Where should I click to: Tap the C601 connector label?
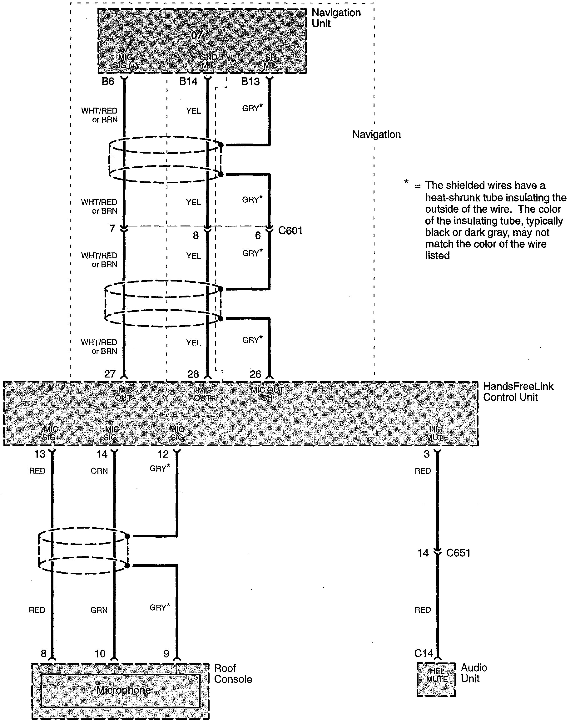click(x=290, y=231)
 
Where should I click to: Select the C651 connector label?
click(x=458, y=553)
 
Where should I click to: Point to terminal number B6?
click(x=108, y=82)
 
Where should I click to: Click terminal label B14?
click(x=188, y=82)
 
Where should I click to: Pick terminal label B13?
click(x=250, y=82)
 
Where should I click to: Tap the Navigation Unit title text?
click(x=336, y=18)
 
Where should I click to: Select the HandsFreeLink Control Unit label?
click(x=518, y=392)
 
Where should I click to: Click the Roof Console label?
click(x=233, y=674)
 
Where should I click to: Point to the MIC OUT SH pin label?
click(x=267, y=394)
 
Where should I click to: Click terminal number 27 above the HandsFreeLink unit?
click(x=110, y=374)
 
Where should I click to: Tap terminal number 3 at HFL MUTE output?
click(x=427, y=454)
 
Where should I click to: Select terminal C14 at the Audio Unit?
click(x=424, y=653)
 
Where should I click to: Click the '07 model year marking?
click(x=196, y=35)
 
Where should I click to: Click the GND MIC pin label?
click(x=209, y=61)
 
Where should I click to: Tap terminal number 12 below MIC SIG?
click(x=163, y=454)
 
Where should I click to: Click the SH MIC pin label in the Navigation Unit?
click(x=270, y=61)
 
